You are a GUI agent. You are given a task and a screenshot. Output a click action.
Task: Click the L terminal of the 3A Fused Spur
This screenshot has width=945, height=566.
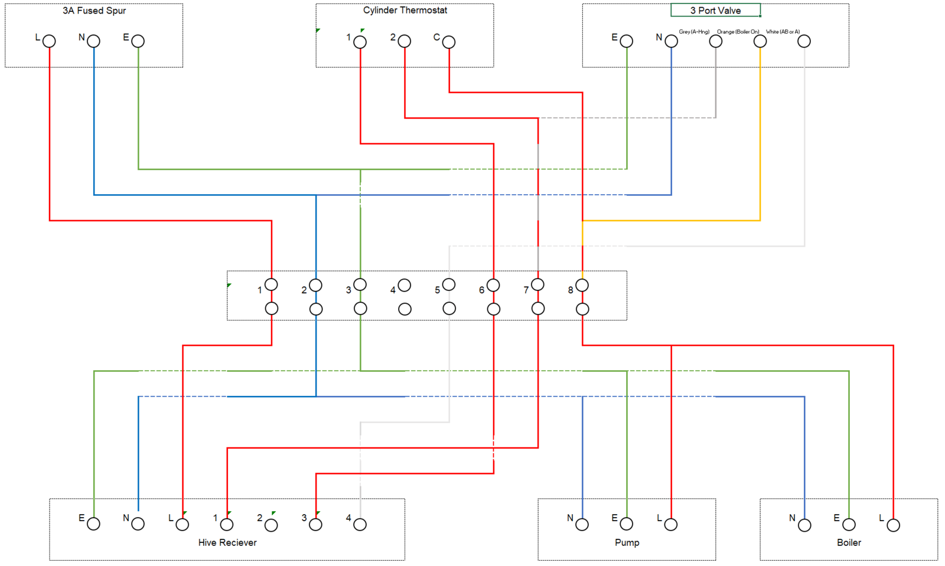[50, 41]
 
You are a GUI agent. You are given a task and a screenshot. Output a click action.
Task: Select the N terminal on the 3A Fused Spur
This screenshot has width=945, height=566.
[94, 41]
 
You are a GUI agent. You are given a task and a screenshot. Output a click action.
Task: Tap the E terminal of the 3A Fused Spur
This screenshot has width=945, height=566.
[138, 41]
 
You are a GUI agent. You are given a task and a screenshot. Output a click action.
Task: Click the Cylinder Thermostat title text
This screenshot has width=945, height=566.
[405, 11]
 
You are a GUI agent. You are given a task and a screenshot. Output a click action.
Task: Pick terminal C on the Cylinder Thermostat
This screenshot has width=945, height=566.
[449, 42]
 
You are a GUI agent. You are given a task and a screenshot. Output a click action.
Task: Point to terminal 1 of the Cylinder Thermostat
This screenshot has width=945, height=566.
[360, 42]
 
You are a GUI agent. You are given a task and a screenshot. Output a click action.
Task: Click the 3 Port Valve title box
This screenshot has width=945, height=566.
[715, 11]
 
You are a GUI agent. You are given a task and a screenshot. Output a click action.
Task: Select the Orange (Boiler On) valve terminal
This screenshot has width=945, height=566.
[760, 41]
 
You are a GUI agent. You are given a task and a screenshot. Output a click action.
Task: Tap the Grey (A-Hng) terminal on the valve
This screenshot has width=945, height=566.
[716, 41]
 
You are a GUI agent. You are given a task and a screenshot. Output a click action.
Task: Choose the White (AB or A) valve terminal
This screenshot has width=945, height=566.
[804, 41]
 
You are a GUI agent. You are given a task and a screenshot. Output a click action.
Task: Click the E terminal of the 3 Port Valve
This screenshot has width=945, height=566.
[627, 41]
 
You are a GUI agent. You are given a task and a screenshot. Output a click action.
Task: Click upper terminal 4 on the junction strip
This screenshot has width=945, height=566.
[405, 286]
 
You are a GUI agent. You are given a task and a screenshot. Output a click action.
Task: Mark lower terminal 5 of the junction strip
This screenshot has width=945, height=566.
[449, 309]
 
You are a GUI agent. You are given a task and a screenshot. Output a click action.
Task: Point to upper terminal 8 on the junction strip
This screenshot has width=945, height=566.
[582, 286]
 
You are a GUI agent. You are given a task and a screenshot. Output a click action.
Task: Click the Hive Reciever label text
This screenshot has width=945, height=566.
[227, 542]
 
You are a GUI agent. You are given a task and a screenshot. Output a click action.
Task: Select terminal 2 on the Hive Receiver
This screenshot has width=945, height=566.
[272, 525]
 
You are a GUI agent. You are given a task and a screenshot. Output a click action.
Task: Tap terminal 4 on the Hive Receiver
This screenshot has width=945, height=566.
[360, 525]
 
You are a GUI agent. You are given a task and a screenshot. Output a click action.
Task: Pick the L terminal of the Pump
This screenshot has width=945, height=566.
[671, 525]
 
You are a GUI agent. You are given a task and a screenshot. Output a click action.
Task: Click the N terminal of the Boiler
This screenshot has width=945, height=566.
[804, 525]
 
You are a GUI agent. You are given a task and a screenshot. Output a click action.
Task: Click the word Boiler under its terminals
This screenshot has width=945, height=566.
[849, 542]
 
